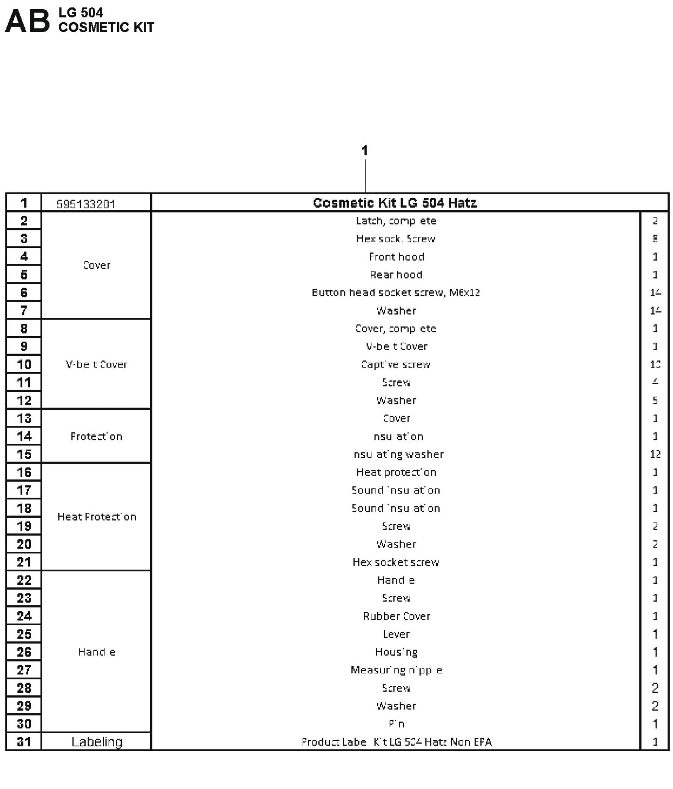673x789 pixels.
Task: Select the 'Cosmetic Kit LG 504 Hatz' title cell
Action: pos(394,203)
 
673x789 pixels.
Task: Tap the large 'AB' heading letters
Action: pos(27,21)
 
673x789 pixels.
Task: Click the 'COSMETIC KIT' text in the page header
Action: pos(106,27)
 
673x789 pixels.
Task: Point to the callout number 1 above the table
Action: pos(364,151)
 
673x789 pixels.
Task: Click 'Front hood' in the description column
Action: pos(396,257)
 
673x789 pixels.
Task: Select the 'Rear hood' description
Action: pos(396,274)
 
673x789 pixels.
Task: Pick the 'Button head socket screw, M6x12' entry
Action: pos(395,293)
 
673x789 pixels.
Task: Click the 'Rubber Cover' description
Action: pos(396,616)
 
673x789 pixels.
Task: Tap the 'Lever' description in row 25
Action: pos(396,634)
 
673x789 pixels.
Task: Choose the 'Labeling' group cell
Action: pos(97,742)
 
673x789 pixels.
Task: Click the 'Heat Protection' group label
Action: pos(97,517)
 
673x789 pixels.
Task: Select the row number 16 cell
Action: pos(24,473)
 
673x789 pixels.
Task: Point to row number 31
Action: pos(24,742)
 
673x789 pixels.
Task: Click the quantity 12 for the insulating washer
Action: pos(655,454)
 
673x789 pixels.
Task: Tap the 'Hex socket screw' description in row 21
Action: pos(395,562)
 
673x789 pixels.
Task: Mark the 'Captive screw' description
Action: pos(395,365)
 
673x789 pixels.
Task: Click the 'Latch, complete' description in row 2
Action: pos(396,221)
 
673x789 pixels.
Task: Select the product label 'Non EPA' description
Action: pos(396,742)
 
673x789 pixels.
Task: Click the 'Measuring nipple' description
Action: pos(396,670)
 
